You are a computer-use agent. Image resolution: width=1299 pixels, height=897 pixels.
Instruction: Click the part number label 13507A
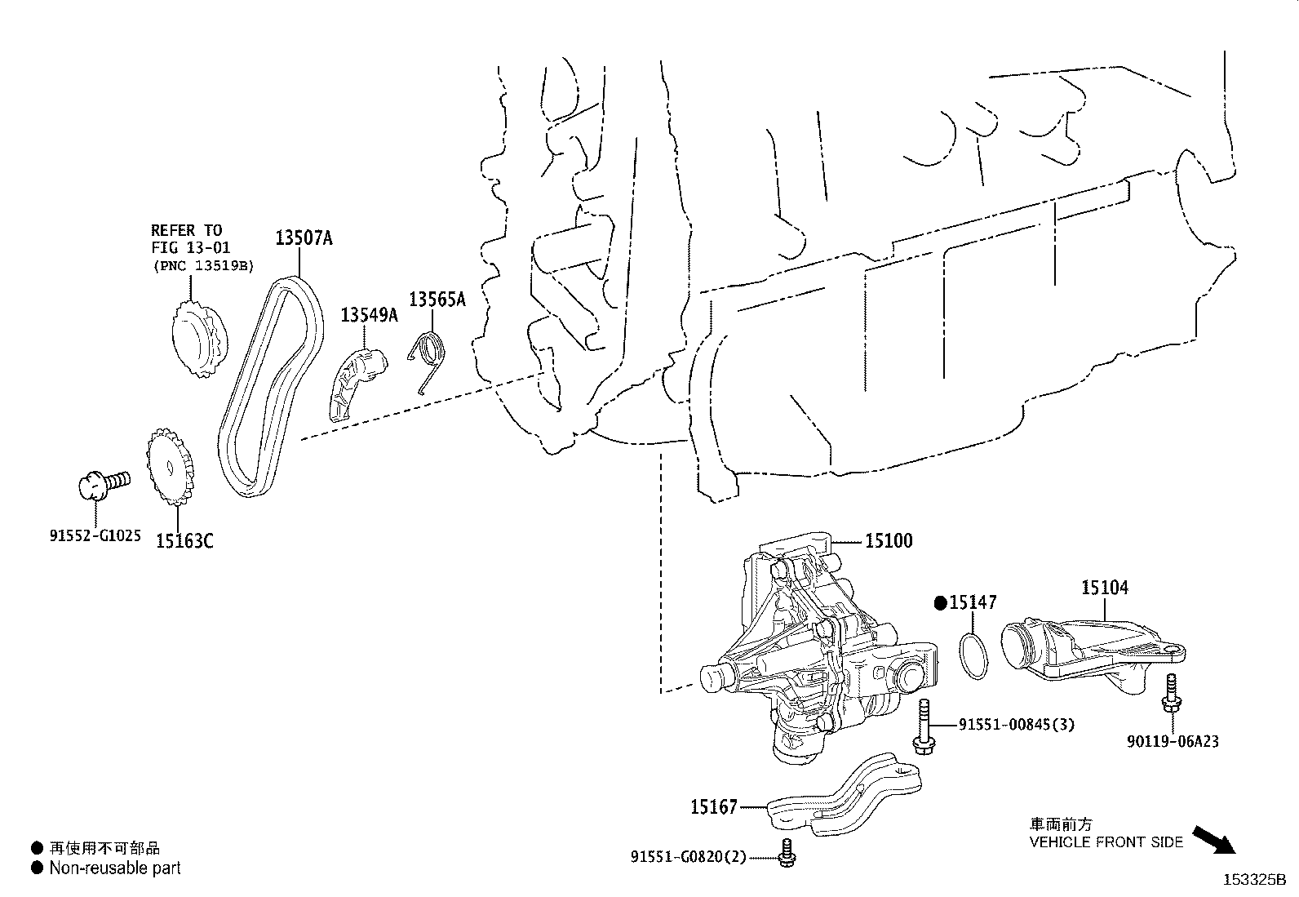point(304,238)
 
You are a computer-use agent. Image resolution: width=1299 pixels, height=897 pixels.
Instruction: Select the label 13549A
point(369,315)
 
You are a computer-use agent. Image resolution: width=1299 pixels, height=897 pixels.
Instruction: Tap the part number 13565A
point(437,300)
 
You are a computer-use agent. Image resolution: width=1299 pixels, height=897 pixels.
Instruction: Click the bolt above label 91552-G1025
point(101,483)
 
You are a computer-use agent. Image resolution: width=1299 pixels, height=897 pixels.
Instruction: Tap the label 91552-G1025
point(95,536)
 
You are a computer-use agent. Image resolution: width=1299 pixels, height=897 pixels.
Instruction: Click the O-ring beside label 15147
point(970,655)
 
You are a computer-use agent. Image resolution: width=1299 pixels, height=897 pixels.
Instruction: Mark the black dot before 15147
point(940,603)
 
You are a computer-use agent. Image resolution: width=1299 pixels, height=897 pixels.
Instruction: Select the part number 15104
point(1105,587)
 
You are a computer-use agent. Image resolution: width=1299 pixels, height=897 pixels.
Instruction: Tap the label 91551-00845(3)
point(1016,724)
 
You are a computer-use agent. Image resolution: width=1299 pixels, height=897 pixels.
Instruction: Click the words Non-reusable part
point(115,868)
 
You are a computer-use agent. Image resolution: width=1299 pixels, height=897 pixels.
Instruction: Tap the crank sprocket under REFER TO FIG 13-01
point(198,341)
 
